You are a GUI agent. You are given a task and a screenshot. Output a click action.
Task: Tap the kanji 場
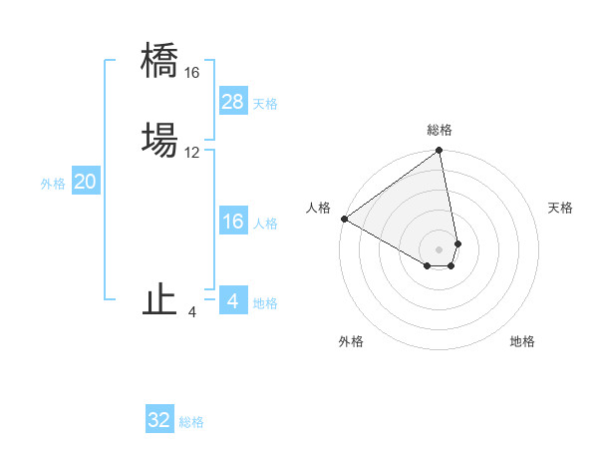tap(159, 139)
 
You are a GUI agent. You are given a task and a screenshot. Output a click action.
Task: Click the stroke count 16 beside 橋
tap(192, 73)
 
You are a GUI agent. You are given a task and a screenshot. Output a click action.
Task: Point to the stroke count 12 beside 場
tap(192, 153)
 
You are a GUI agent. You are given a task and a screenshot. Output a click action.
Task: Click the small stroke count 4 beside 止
tap(192, 312)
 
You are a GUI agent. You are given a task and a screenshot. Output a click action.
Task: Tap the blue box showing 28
tap(233, 102)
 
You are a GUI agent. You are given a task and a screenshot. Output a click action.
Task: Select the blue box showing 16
tap(233, 222)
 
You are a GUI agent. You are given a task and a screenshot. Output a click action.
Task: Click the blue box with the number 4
tap(233, 301)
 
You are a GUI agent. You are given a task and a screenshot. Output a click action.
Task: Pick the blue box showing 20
tap(86, 182)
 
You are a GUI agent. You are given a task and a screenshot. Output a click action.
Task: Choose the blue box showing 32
tap(159, 420)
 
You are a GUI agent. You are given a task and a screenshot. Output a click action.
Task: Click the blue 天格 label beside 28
tap(265, 104)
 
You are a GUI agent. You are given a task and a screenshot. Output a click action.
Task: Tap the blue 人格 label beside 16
tap(265, 224)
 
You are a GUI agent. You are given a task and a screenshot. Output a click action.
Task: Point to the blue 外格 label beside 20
tap(53, 184)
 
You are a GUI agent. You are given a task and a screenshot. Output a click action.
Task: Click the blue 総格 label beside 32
tap(191, 422)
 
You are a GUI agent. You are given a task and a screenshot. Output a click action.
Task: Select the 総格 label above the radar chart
tap(440, 130)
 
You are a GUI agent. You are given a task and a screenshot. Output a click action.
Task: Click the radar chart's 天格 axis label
tap(560, 208)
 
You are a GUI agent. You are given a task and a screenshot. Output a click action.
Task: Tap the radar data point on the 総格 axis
tap(440, 152)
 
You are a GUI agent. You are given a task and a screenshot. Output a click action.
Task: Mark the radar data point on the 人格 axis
tap(344, 219)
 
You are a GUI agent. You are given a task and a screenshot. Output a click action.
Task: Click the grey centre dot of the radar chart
tap(440, 248)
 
